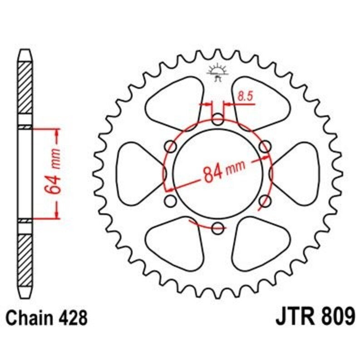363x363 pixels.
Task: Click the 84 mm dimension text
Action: (221, 172)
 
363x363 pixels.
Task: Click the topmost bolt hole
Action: (218, 121)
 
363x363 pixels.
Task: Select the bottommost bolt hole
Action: (218, 228)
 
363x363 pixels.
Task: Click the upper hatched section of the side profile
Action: (25, 93)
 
